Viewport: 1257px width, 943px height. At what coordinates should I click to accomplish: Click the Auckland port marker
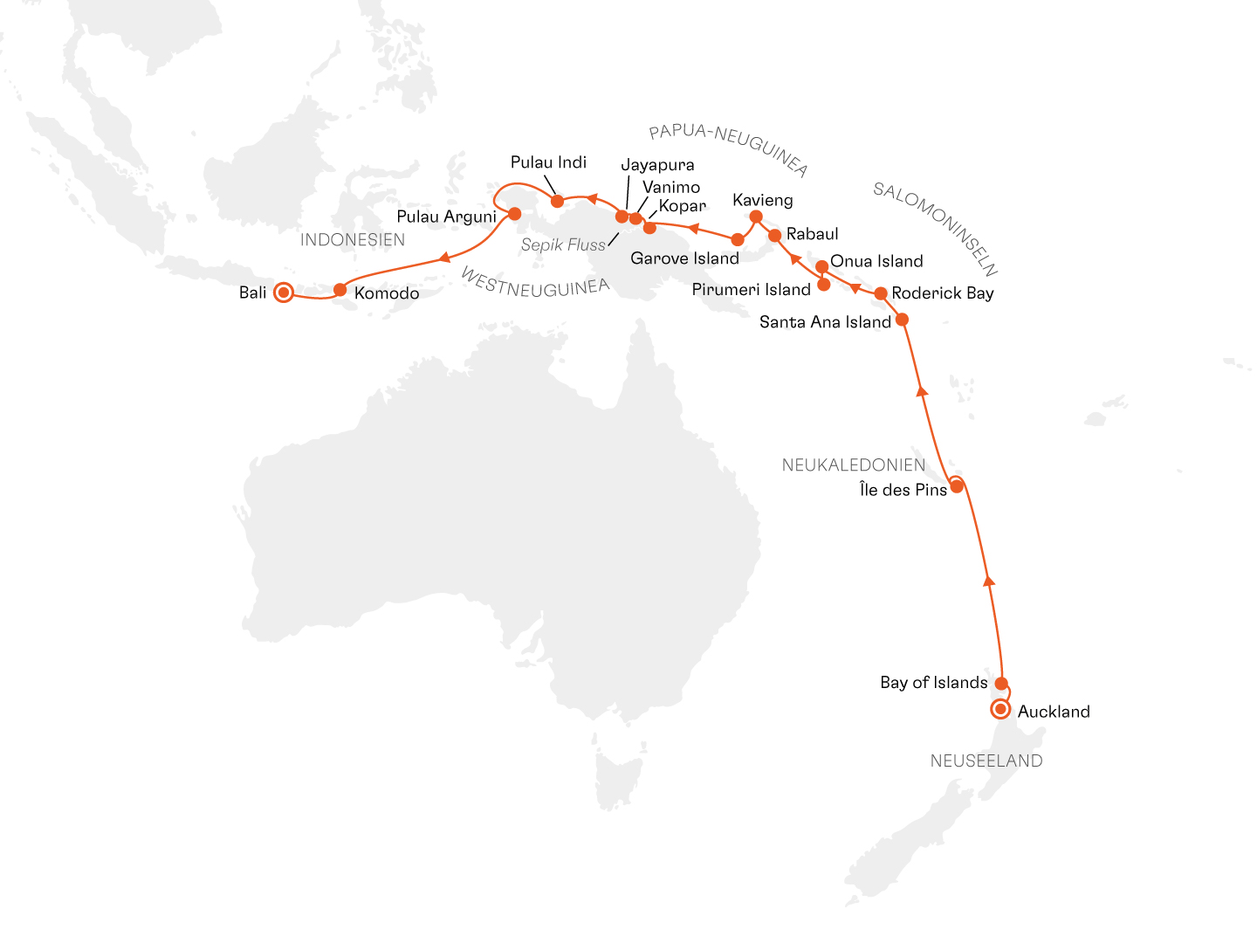tap(1000, 709)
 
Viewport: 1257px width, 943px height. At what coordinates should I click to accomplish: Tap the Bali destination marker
tap(283, 293)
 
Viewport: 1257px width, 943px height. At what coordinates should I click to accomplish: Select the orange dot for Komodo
tap(340, 290)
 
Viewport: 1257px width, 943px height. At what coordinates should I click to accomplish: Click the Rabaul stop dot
tap(774, 236)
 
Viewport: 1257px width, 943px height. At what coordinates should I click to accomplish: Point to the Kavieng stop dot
tap(756, 217)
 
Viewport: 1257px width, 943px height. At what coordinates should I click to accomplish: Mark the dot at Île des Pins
tap(957, 486)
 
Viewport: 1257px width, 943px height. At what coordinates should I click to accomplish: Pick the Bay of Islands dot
tap(1002, 684)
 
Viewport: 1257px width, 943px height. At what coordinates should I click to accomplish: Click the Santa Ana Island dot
tap(903, 320)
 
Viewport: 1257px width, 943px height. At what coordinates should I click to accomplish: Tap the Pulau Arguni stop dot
tap(515, 213)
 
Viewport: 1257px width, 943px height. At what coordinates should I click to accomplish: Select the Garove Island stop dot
tap(738, 239)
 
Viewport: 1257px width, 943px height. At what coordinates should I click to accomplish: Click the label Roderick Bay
tap(943, 293)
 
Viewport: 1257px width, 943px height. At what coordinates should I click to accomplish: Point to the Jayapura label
tap(657, 165)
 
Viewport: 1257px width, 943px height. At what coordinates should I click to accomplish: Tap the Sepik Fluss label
tap(563, 245)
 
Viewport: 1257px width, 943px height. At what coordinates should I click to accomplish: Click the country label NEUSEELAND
tap(986, 761)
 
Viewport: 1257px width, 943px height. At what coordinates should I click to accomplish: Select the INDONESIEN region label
tap(353, 240)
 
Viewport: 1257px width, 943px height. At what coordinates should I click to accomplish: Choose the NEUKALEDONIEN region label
tap(853, 465)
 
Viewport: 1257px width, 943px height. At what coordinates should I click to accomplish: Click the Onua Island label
tap(876, 261)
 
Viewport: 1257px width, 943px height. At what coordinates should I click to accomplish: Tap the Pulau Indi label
tap(548, 162)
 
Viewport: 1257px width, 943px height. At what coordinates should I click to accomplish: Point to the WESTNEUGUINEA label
tap(534, 285)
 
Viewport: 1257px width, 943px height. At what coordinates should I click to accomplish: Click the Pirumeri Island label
tap(751, 290)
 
